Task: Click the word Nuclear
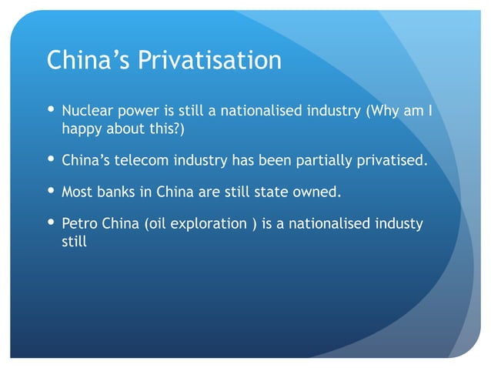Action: pos(85,112)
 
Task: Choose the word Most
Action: pos(77,192)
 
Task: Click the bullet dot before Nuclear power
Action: pos(52,112)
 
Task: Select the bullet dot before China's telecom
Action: pos(52,160)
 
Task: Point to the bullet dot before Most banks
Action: pos(52,192)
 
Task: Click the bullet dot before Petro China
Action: pos(52,223)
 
